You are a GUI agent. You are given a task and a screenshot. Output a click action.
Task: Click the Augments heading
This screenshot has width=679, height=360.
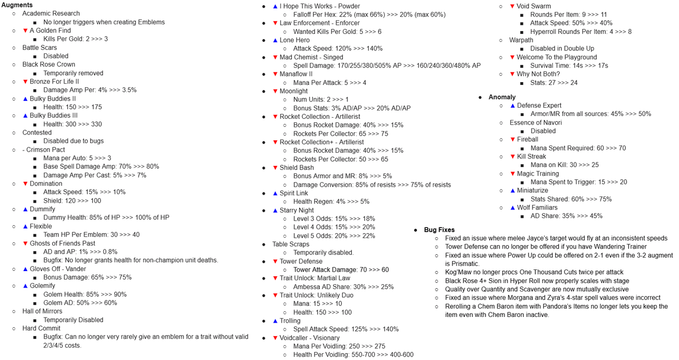click(x=17, y=5)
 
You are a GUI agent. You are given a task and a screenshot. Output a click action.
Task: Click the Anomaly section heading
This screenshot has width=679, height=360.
click(x=502, y=97)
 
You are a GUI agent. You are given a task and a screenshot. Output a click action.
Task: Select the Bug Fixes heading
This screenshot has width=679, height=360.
click(x=438, y=230)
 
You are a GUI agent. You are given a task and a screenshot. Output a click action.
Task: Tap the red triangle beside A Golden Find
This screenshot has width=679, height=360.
click(x=25, y=31)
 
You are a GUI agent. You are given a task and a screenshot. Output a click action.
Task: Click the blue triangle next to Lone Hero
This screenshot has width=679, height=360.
click(x=275, y=40)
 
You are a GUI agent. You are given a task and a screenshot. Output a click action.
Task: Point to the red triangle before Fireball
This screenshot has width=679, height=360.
click(x=513, y=140)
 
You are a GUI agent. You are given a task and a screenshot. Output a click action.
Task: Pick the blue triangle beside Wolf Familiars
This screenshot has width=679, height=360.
click(x=513, y=208)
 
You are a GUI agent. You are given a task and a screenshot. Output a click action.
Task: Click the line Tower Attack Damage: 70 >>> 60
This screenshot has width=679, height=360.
click(x=341, y=270)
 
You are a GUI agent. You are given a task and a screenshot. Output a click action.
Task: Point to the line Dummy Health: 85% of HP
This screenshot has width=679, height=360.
click(x=106, y=218)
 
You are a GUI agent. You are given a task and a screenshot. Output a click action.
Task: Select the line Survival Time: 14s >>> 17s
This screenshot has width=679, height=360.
click(x=569, y=66)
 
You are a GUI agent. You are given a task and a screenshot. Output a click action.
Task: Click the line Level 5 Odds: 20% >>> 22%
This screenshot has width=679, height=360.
click(x=334, y=235)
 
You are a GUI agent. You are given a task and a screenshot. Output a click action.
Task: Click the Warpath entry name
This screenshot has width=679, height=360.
click(x=521, y=40)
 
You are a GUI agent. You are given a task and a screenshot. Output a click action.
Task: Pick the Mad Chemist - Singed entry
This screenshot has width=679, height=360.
click(x=311, y=57)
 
